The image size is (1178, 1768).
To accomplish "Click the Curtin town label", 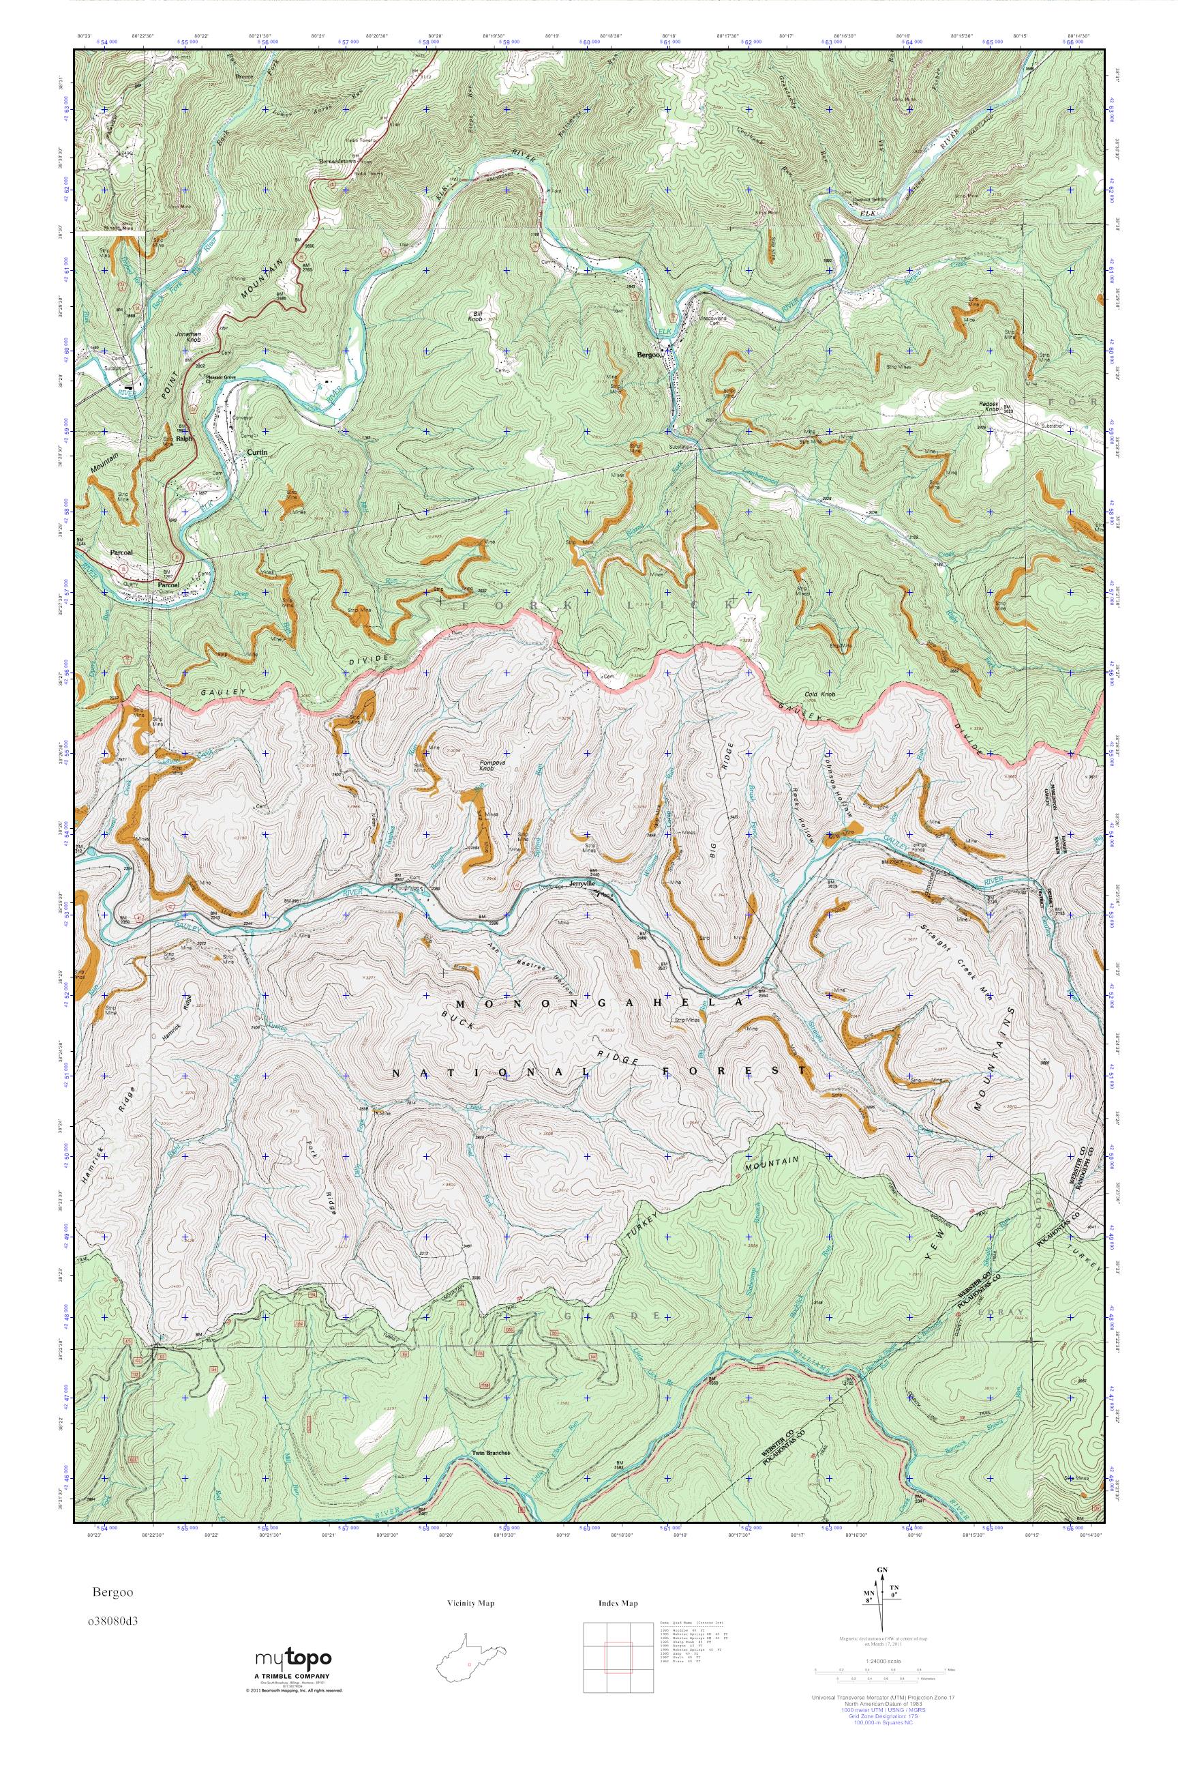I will click(x=256, y=452).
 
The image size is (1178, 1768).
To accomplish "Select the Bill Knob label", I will click(x=474, y=316).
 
